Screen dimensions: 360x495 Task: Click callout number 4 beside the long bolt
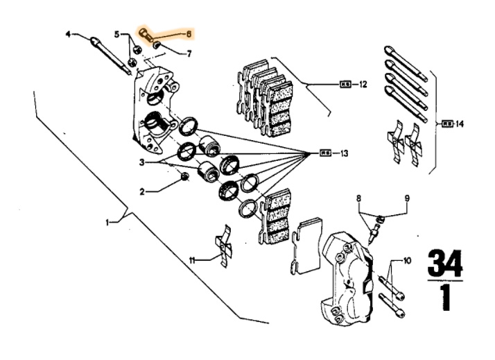tap(69, 34)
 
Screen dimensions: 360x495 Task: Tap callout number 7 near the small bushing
tap(189, 52)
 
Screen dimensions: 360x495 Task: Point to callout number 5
tap(117, 34)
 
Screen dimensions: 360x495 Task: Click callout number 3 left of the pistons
tap(141, 162)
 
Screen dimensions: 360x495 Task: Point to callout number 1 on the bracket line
tap(107, 223)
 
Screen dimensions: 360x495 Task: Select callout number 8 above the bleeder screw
tap(359, 198)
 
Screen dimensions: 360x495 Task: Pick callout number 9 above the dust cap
tap(407, 198)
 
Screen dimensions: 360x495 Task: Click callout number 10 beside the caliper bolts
tap(407, 261)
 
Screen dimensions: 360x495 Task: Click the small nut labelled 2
tap(184, 179)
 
